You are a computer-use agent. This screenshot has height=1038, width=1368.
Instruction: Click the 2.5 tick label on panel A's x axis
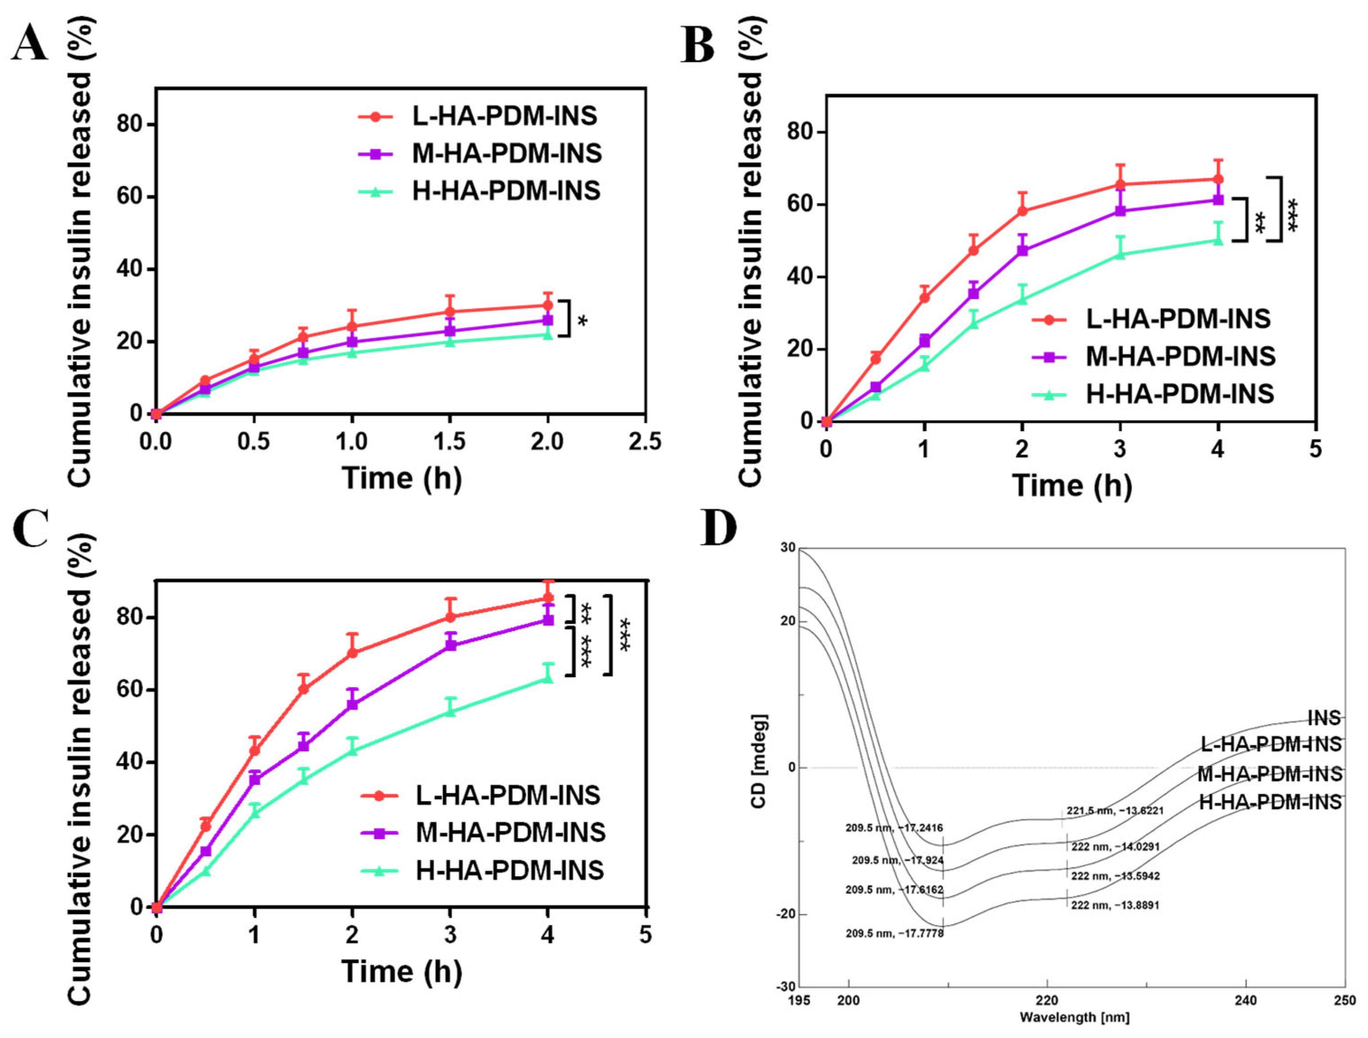pyautogui.click(x=645, y=442)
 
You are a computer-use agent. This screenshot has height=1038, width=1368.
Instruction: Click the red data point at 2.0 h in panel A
pyautogui.click(x=547, y=306)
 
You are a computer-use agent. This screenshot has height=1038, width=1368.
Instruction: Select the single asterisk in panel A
pyautogui.click(x=582, y=321)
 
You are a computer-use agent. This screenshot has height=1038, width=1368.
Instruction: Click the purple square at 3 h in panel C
pyautogui.click(x=451, y=645)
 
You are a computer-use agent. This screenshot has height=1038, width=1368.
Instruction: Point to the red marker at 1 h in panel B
pyautogui.click(x=924, y=297)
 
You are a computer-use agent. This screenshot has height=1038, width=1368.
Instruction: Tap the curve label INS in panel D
pyautogui.click(x=1324, y=718)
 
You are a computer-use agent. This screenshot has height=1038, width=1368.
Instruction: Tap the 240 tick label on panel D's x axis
pyautogui.click(x=1245, y=1000)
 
